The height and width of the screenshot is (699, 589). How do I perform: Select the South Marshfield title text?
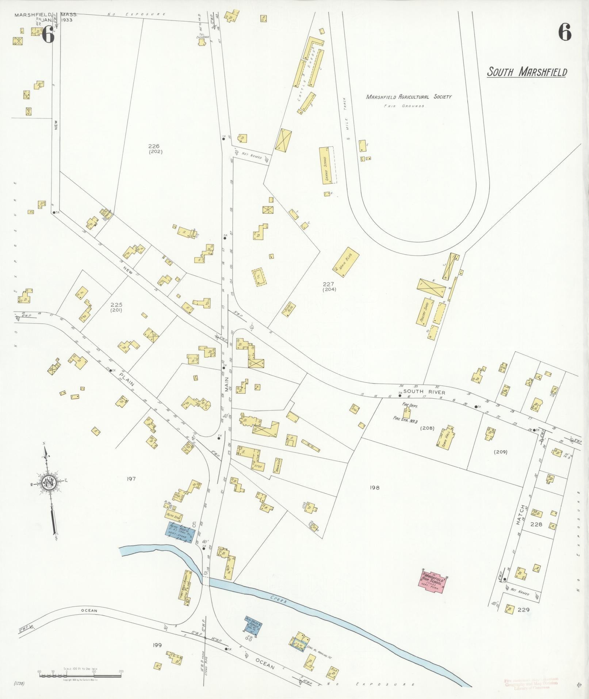point(527,72)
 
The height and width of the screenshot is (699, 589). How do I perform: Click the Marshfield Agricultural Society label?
point(409,97)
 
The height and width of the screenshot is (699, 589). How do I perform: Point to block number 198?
point(374,487)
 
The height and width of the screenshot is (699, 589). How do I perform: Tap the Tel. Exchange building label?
point(202,37)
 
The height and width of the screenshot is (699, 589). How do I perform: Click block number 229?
point(523,609)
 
